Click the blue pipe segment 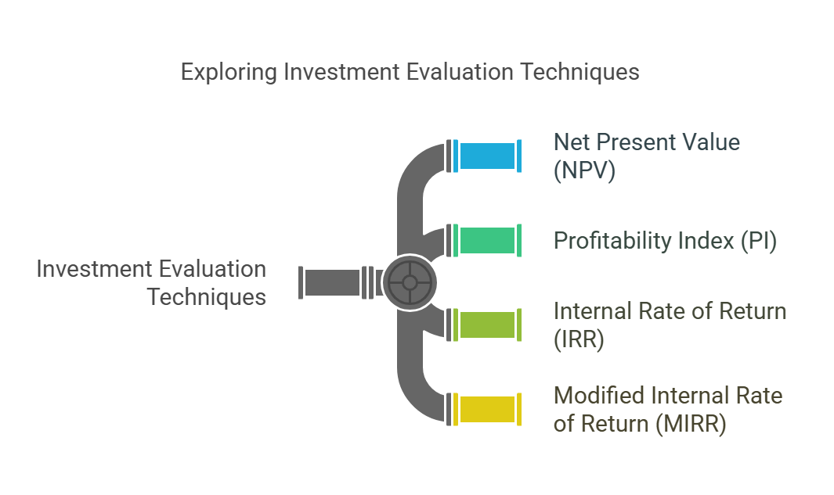[x=487, y=156]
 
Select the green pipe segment [x=487, y=241]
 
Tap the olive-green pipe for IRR [x=487, y=325]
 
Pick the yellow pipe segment [x=487, y=410]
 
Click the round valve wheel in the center [x=410, y=282]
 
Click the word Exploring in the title [x=229, y=72]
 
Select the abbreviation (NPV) [x=584, y=170]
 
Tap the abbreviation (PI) [x=759, y=241]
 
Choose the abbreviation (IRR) [x=579, y=339]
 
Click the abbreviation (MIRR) [x=691, y=424]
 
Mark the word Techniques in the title [x=579, y=72]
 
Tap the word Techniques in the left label [x=207, y=297]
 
